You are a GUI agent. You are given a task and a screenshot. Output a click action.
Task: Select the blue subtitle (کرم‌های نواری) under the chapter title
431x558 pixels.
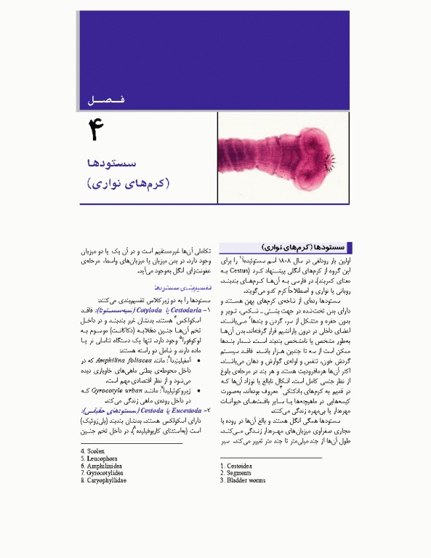click(x=127, y=182)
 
